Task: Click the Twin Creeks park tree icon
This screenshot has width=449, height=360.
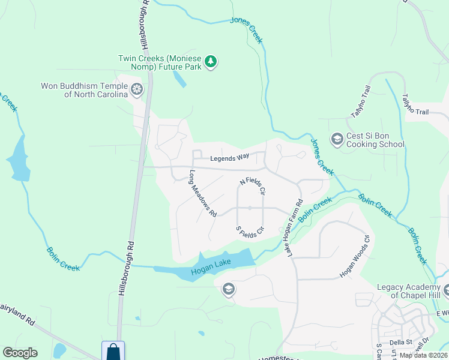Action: point(210,61)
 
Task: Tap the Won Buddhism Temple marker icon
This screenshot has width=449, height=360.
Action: point(137,90)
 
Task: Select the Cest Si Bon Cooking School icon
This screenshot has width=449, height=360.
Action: point(337,139)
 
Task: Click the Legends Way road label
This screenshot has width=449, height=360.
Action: point(229,158)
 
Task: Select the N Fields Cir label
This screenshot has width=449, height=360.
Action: point(253,186)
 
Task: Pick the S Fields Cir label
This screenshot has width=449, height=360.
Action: point(250,229)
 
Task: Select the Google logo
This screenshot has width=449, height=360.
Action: point(20,353)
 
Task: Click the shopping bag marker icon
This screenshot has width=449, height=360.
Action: point(113,350)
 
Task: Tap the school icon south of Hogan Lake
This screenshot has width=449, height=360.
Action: point(228,290)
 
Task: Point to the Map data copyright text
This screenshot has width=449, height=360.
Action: point(423,355)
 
